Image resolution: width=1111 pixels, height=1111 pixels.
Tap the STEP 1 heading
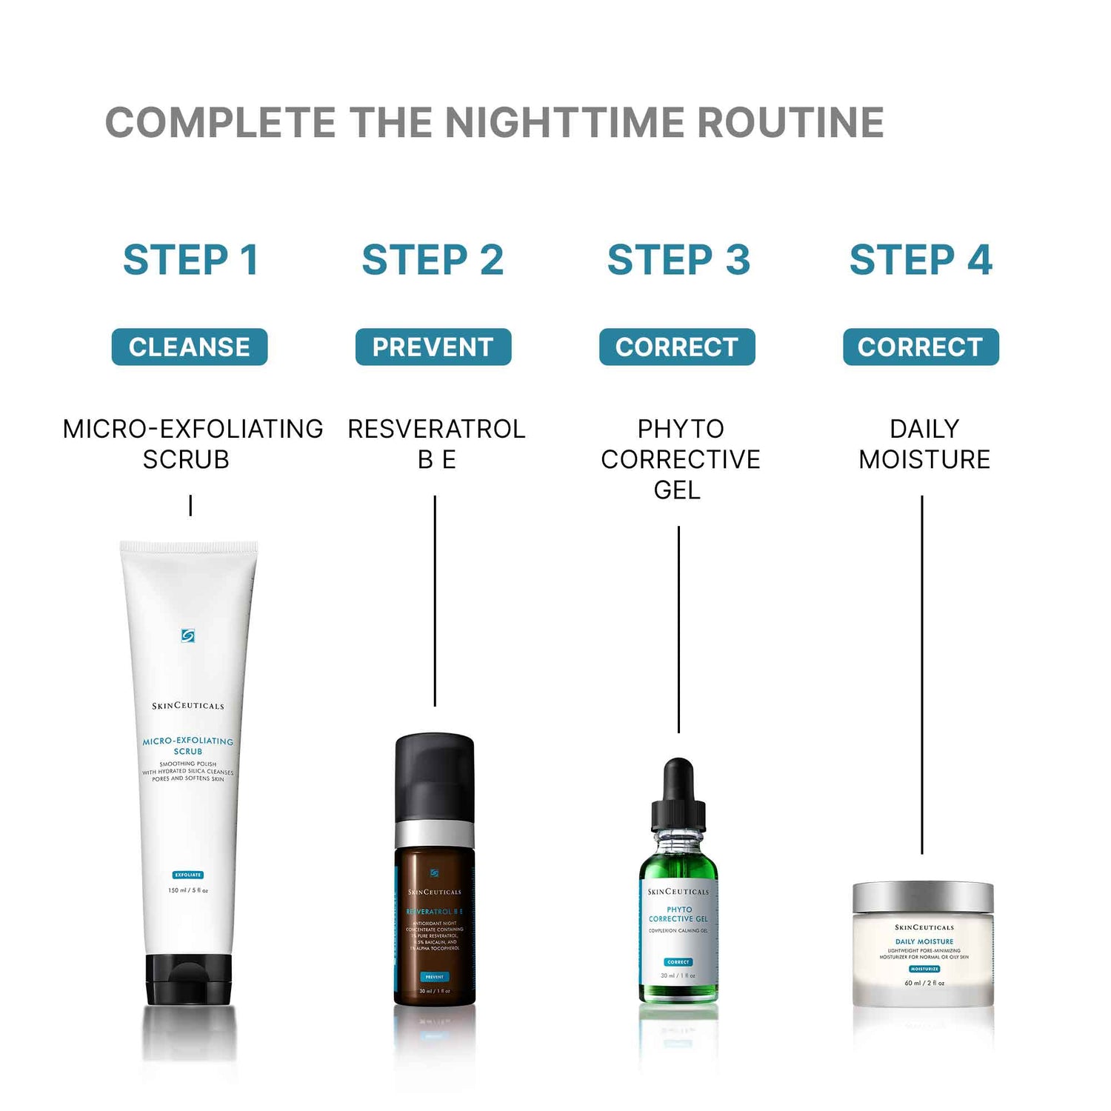[x=191, y=260]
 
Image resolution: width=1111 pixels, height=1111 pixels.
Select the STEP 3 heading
[x=678, y=260]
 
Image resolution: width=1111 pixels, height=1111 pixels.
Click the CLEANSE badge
[x=190, y=347]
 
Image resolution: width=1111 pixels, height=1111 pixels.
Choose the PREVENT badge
[x=433, y=347]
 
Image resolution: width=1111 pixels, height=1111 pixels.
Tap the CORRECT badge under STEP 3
[x=677, y=347]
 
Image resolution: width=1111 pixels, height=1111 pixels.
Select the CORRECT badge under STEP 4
[x=921, y=347]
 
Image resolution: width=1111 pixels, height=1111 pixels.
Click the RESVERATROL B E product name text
[x=436, y=444]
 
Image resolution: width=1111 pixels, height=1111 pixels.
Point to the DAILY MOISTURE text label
[x=924, y=444]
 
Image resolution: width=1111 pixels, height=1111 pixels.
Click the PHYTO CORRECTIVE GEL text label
[x=679, y=458]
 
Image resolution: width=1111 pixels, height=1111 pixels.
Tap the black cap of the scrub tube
[x=188, y=978]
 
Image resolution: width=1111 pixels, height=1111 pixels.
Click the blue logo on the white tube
[x=188, y=635]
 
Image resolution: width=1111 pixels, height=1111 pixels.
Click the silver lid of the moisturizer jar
[x=923, y=897]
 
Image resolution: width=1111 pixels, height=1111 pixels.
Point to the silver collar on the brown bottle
[x=435, y=833]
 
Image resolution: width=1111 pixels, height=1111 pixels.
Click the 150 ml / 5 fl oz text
[x=188, y=890]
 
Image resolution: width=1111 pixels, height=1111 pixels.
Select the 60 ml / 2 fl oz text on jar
[x=924, y=983]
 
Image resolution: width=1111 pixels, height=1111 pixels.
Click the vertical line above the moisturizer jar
[x=922, y=674]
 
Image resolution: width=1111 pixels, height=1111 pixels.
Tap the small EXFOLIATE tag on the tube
[x=188, y=875]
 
